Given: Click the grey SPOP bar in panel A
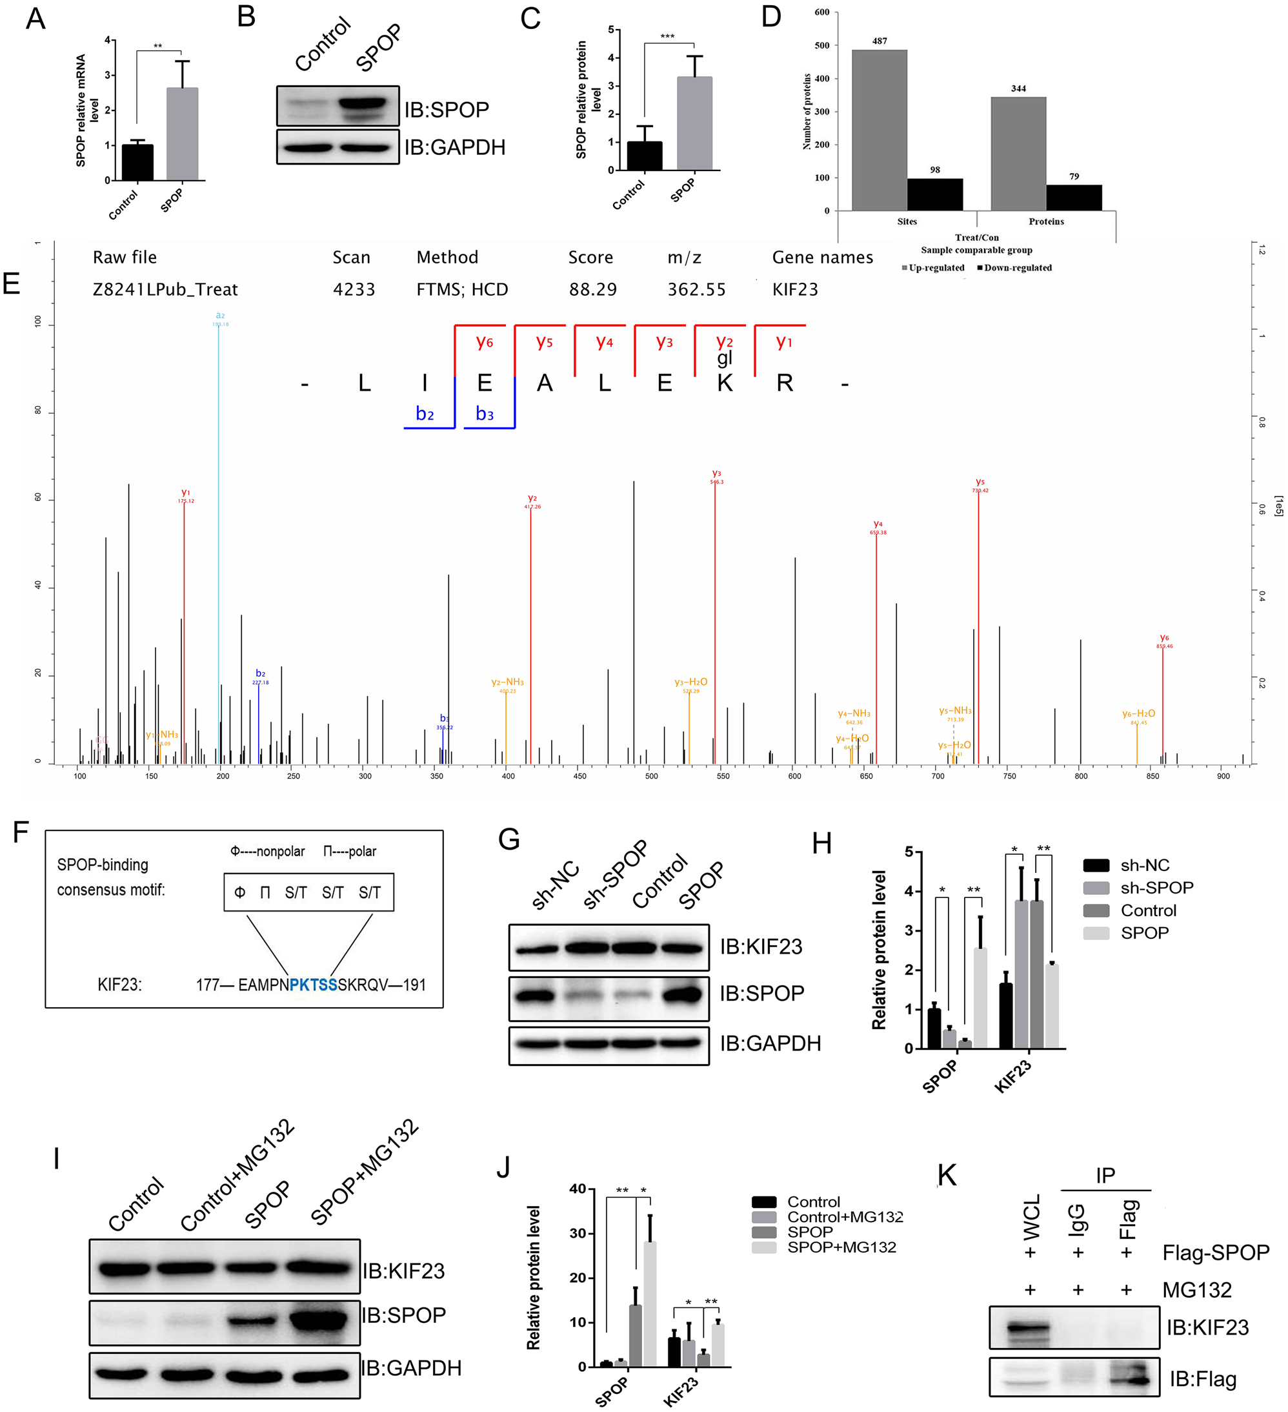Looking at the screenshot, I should coord(182,133).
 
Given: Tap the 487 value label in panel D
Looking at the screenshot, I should coord(879,41).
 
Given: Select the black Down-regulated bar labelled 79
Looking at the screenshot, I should coord(1074,198).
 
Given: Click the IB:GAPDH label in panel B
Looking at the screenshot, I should coord(454,148).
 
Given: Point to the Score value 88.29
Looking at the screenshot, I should coord(592,289).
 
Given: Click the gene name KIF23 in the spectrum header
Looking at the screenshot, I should coord(794,289).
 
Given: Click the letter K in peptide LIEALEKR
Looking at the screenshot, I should coord(725,383).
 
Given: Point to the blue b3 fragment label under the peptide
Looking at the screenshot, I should coord(485,414).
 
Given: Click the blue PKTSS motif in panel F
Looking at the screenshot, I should coord(313,985).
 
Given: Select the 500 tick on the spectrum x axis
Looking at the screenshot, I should coord(651,776).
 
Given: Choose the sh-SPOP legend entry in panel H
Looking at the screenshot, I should coord(1155,888).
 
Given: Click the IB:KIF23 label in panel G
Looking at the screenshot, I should coord(761,947).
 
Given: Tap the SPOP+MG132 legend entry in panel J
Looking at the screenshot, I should coord(841,1247).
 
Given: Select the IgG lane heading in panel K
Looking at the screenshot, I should coord(1078,1219).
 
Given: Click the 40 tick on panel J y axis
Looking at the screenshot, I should coord(578,1189).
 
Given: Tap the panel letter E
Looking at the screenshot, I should coord(11,283).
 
